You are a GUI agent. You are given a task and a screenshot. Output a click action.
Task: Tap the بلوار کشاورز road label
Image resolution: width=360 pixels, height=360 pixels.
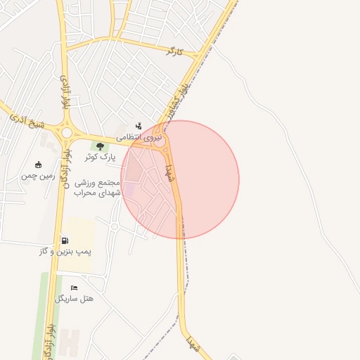(176, 99)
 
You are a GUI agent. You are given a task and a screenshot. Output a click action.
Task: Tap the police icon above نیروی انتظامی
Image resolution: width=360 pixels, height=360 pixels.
(139, 126)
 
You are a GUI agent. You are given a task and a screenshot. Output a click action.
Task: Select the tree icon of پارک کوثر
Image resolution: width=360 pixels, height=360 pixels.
(100, 146)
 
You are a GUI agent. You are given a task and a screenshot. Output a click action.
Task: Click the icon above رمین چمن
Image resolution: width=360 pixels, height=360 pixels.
(37, 165)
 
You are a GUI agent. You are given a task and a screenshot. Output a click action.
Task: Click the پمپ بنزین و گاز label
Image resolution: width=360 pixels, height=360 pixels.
(65, 251)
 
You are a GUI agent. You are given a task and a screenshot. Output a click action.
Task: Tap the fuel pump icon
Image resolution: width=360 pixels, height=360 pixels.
(65, 240)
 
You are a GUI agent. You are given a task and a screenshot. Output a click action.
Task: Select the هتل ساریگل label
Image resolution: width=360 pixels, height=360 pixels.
(74, 298)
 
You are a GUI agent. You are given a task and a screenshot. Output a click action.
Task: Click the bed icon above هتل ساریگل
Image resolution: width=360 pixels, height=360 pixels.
(74, 288)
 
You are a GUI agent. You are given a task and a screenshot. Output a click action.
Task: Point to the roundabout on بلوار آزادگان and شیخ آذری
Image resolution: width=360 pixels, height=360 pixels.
(67, 132)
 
